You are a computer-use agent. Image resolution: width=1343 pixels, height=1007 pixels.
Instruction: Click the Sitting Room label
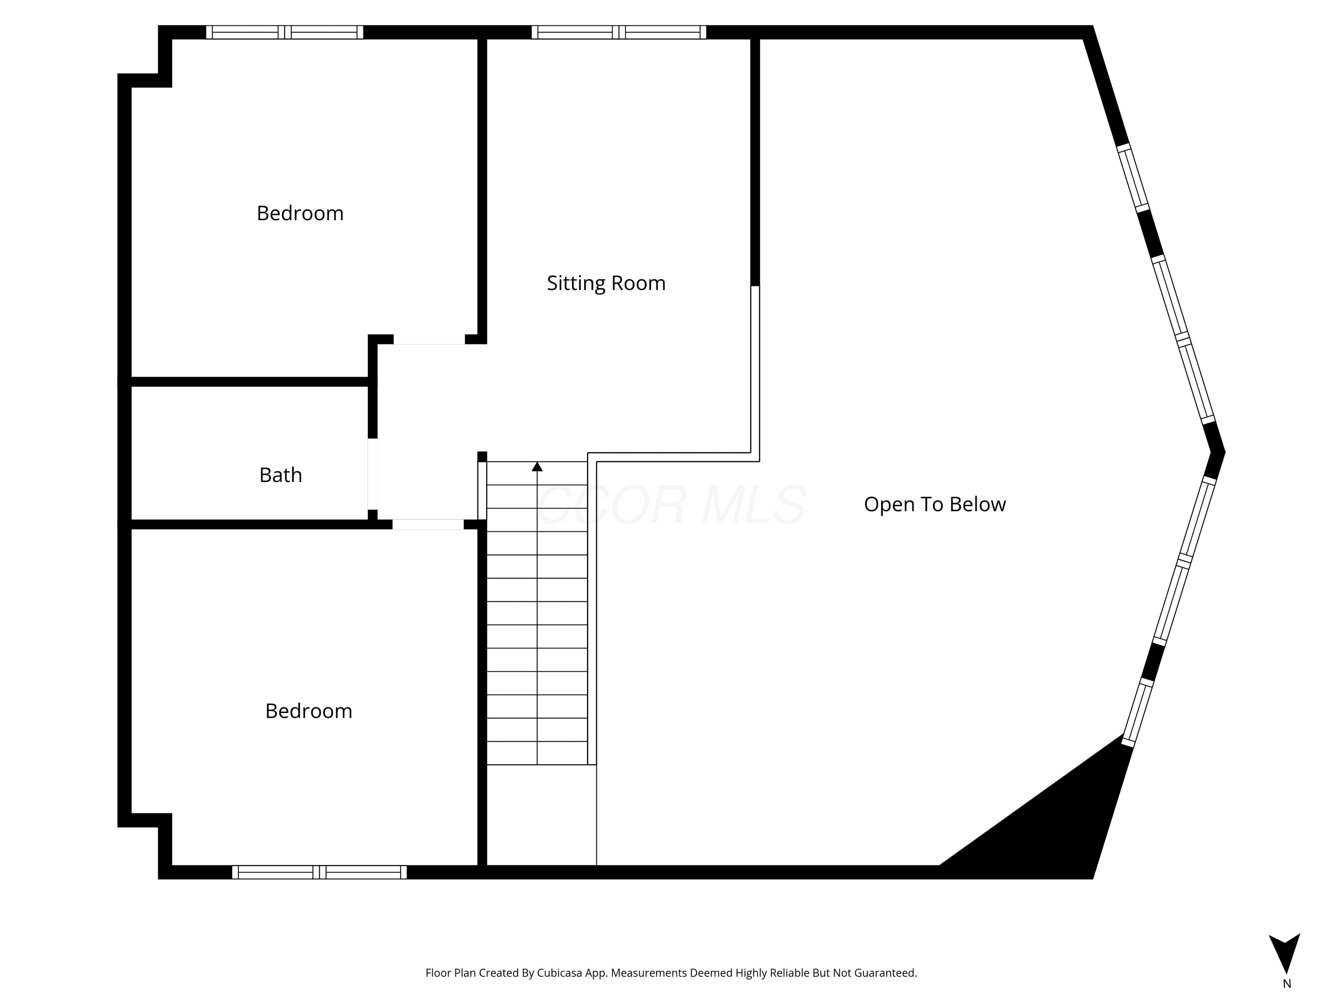point(606,283)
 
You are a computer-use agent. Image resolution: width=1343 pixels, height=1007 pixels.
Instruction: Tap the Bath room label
point(281,475)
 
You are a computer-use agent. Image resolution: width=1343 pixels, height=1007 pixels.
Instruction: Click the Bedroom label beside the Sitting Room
point(300,213)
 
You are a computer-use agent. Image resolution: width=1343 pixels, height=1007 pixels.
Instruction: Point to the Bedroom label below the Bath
point(308,711)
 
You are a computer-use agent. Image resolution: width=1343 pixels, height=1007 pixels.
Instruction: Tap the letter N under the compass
point(1287,984)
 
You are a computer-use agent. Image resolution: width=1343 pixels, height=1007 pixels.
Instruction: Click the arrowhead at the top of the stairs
point(537,466)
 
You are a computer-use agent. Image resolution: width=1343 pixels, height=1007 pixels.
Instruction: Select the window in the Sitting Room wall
point(619,32)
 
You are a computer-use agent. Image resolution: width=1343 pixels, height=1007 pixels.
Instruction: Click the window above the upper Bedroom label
point(285,32)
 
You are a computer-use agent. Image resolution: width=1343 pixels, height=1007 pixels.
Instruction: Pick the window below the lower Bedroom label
point(319,872)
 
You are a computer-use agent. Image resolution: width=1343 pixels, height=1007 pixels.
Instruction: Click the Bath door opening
point(373,474)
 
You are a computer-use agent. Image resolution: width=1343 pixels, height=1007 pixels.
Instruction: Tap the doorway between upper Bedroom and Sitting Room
point(429,339)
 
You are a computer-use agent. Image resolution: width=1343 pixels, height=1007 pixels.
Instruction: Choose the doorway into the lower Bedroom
point(428,525)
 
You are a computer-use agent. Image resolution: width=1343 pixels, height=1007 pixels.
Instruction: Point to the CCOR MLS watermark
point(671,504)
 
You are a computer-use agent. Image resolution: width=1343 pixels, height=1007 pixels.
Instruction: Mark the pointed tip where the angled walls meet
point(1225,452)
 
